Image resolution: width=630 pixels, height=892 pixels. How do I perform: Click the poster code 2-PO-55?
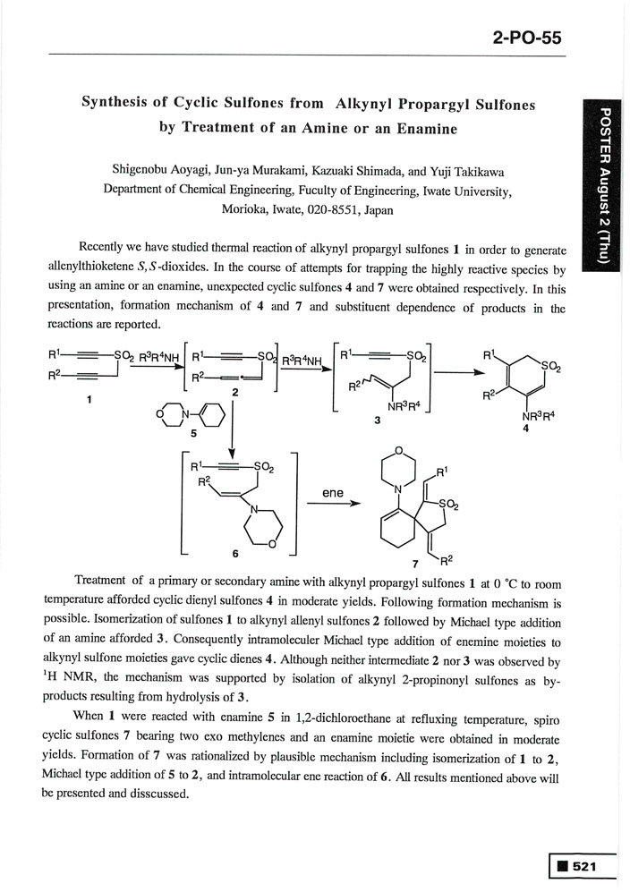pos(526,38)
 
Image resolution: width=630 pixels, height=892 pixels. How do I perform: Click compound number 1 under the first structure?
pos(89,400)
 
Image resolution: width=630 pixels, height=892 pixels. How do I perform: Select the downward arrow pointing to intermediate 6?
pos(232,429)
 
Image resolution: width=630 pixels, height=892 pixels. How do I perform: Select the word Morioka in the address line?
pos(246,209)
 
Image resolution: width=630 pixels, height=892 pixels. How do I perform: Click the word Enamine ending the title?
pos(424,128)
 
